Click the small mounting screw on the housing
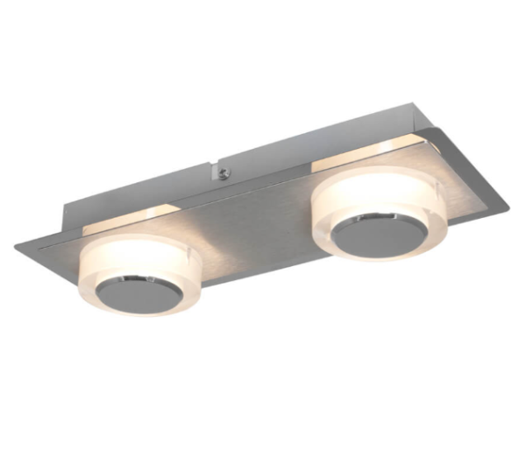226,172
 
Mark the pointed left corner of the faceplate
18,246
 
